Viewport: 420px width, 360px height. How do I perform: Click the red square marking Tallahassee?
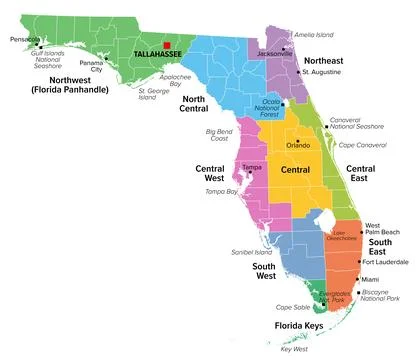pyautogui.click(x=167, y=44)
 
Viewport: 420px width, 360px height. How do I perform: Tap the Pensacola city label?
pyautogui.click(x=23, y=40)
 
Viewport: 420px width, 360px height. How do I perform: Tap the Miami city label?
pyautogui.click(x=370, y=279)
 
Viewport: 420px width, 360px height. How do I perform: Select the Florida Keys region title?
pyautogui.click(x=304, y=326)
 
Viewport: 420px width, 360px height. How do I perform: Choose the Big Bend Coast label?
pyautogui.click(x=224, y=137)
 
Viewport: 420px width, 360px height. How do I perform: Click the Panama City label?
pyautogui.click(x=91, y=66)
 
